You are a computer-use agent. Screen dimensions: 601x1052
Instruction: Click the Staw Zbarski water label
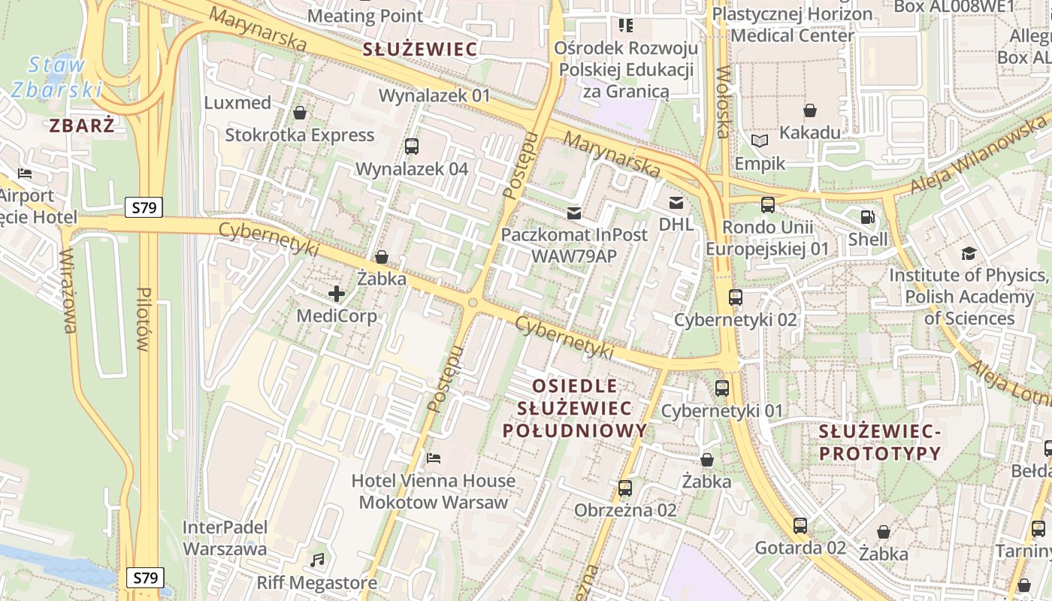[56, 77]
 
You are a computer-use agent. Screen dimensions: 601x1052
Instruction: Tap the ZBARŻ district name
[83, 125]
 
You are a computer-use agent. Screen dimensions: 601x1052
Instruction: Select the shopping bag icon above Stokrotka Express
[300, 113]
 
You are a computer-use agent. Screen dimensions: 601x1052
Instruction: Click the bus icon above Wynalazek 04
[412, 146]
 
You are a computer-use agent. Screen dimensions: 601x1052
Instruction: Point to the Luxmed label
[237, 103]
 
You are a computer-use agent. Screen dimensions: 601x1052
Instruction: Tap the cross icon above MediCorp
[337, 294]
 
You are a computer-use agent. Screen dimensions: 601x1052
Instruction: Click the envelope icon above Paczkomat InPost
[574, 213]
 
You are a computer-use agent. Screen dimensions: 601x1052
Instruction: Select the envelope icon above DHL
[676, 202]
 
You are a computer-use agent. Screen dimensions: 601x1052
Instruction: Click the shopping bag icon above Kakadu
[810, 111]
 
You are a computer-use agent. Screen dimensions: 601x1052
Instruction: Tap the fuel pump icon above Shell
[868, 218]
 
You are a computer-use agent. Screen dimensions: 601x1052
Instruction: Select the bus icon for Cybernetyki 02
[736, 297]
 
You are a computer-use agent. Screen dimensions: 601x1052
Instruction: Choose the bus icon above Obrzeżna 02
[625, 488]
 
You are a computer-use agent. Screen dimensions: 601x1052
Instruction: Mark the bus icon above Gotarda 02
[800, 526]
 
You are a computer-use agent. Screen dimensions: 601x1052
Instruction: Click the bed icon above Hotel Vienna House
[434, 458]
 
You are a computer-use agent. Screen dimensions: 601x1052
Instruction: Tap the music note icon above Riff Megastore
[317, 560]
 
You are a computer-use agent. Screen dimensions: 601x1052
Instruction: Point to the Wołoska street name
[724, 102]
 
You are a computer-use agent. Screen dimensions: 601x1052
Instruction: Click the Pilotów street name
[144, 319]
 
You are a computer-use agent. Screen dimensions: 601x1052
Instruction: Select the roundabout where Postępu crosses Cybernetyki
[473, 303]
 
